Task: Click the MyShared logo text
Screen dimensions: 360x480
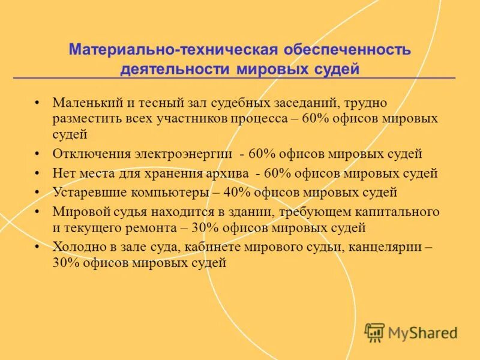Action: (422, 332)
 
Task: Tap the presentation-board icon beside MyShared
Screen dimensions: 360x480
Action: (374, 332)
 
